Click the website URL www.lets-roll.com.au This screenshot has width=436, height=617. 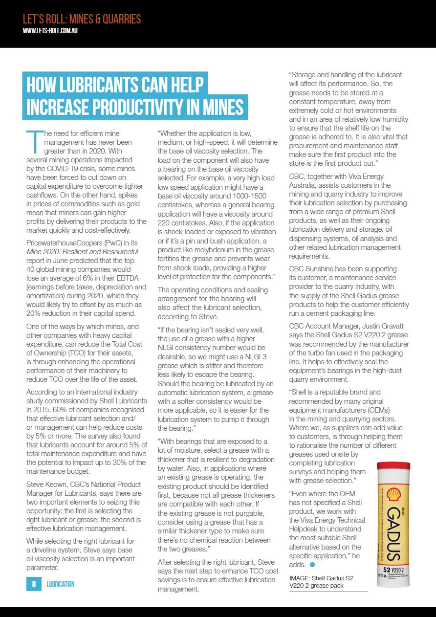(x=51, y=30)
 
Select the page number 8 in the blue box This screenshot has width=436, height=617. (x=34, y=584)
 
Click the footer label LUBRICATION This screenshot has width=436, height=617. (x=61, y=584)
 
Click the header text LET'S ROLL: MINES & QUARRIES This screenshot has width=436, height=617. (x=82, y=20)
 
